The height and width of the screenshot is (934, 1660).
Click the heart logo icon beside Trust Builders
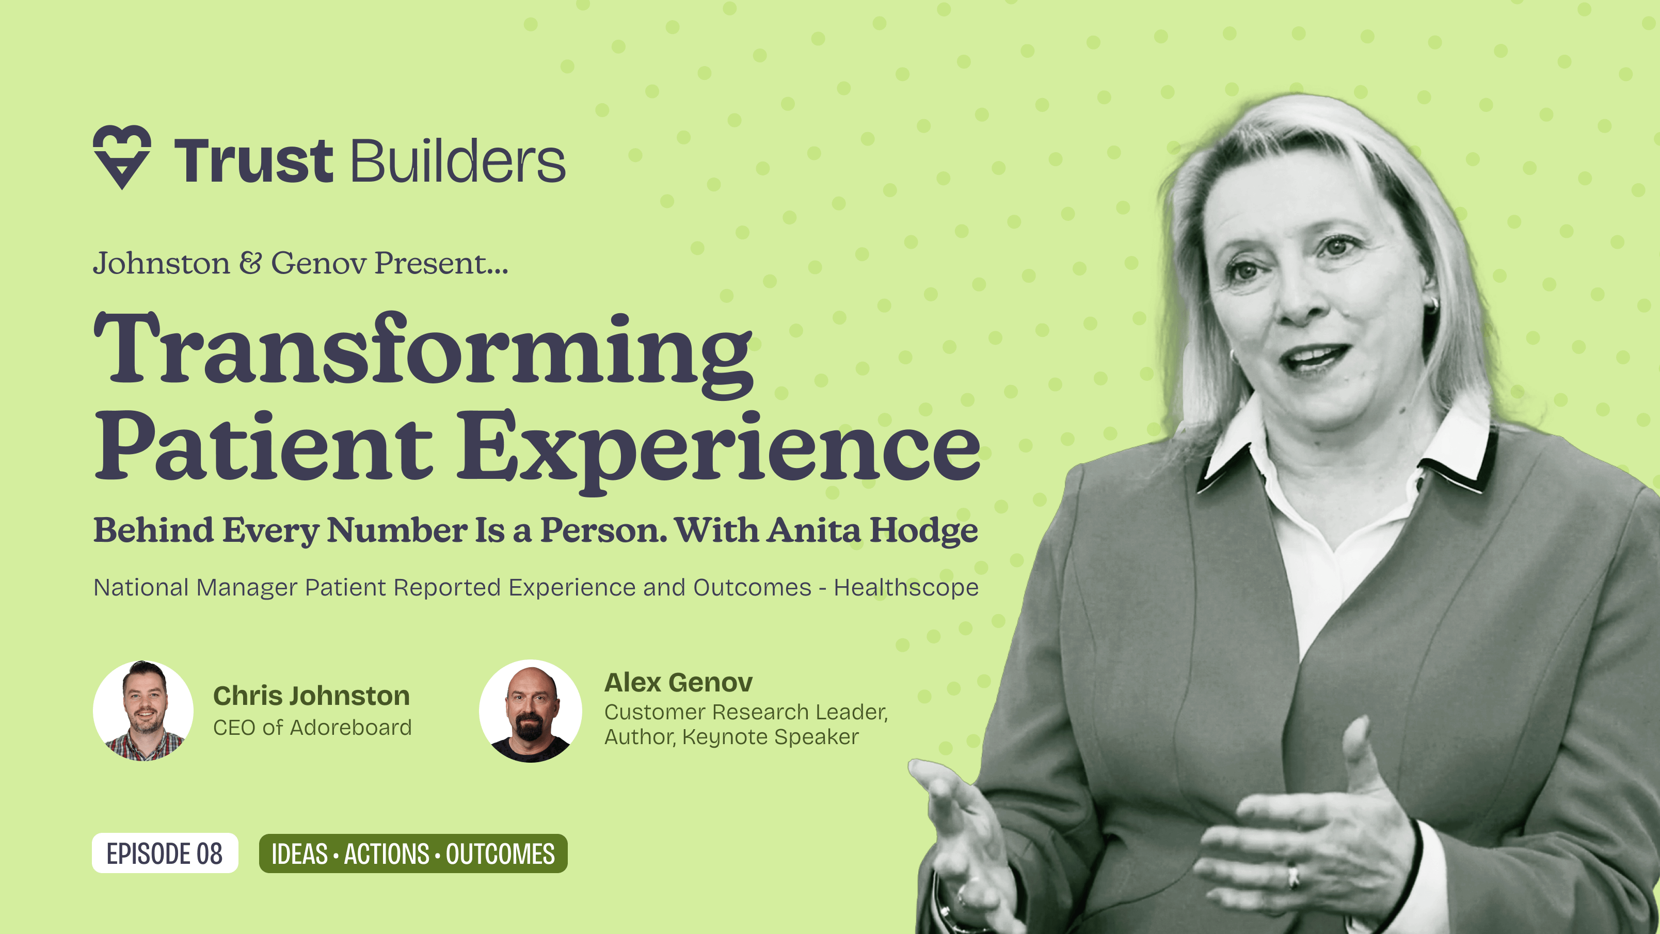[x=122, y=156]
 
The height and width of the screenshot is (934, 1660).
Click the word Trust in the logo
[x=253, y=161]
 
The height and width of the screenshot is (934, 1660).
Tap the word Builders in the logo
[x=457, y=161]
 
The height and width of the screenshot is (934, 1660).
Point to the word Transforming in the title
[x=423, y=351]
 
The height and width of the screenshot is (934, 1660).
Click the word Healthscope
[x=905, y=587]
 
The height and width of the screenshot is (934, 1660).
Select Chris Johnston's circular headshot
[x=143, y=711]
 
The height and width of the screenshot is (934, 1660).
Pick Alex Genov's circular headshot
[x=530, y=711]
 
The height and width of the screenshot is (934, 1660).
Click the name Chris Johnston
[x=311, y=696]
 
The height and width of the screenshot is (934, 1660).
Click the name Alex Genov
[x=678, y=683]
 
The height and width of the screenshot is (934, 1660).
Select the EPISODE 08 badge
[x=165, y=854]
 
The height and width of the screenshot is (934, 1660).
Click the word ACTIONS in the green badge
[x=386, y=854]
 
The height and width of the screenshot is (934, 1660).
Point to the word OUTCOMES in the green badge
[x=500, y=854]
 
